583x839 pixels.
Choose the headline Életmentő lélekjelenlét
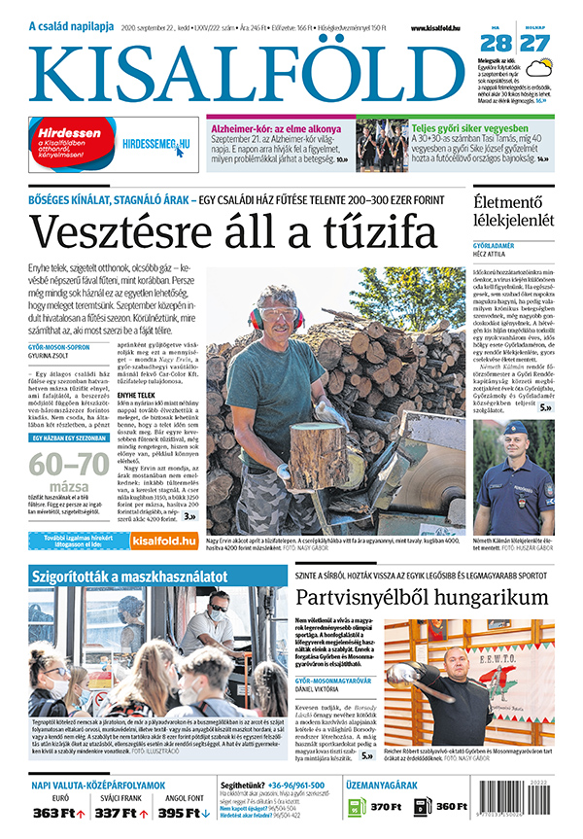(x=513, y=212)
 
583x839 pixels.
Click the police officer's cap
(x=517, y=429)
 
